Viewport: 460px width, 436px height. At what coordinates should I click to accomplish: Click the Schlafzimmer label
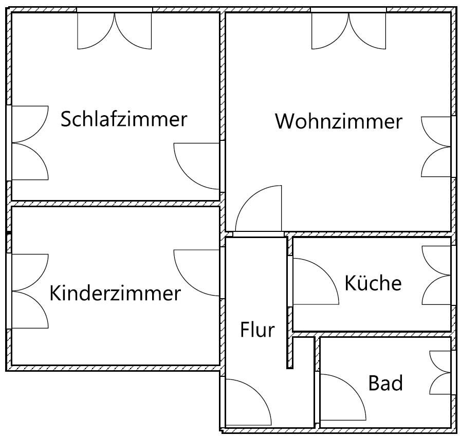[124, 119]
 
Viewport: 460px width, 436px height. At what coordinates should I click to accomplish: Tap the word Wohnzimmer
[338, 122]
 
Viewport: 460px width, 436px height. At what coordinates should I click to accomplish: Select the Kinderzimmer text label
[115, 293]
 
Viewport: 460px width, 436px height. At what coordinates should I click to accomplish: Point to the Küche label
[373, 283]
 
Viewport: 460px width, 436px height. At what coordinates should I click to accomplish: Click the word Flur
[257, 330]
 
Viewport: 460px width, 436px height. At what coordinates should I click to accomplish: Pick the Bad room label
[385, 383]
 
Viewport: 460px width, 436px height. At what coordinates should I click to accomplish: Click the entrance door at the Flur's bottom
[247, 403]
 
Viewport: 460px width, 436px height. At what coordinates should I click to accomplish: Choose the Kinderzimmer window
[28, 291]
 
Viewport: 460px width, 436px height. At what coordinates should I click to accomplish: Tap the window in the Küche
[437, 282]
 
